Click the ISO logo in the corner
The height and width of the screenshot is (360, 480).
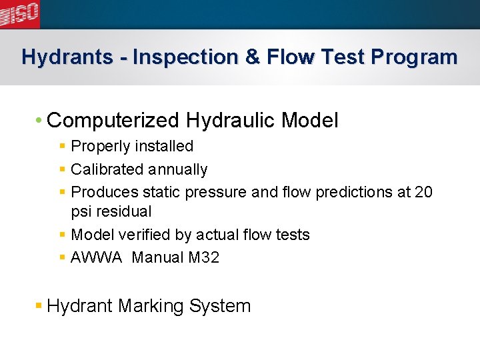click(x=19, y=13)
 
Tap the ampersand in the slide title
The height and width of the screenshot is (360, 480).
click(x=253, y=57)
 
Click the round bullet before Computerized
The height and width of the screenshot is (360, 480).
click(x=39, y=121)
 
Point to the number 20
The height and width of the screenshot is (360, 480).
click(x=423, y=193)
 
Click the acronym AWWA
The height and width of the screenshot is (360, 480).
click(x=97, y=257)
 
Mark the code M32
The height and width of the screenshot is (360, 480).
click(x=203, y=257)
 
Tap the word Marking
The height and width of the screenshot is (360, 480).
click(x=151, y=307)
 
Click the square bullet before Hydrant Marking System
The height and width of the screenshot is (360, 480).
click(x=39, y=306)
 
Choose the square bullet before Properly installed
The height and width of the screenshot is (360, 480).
click(x=62, y=146)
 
